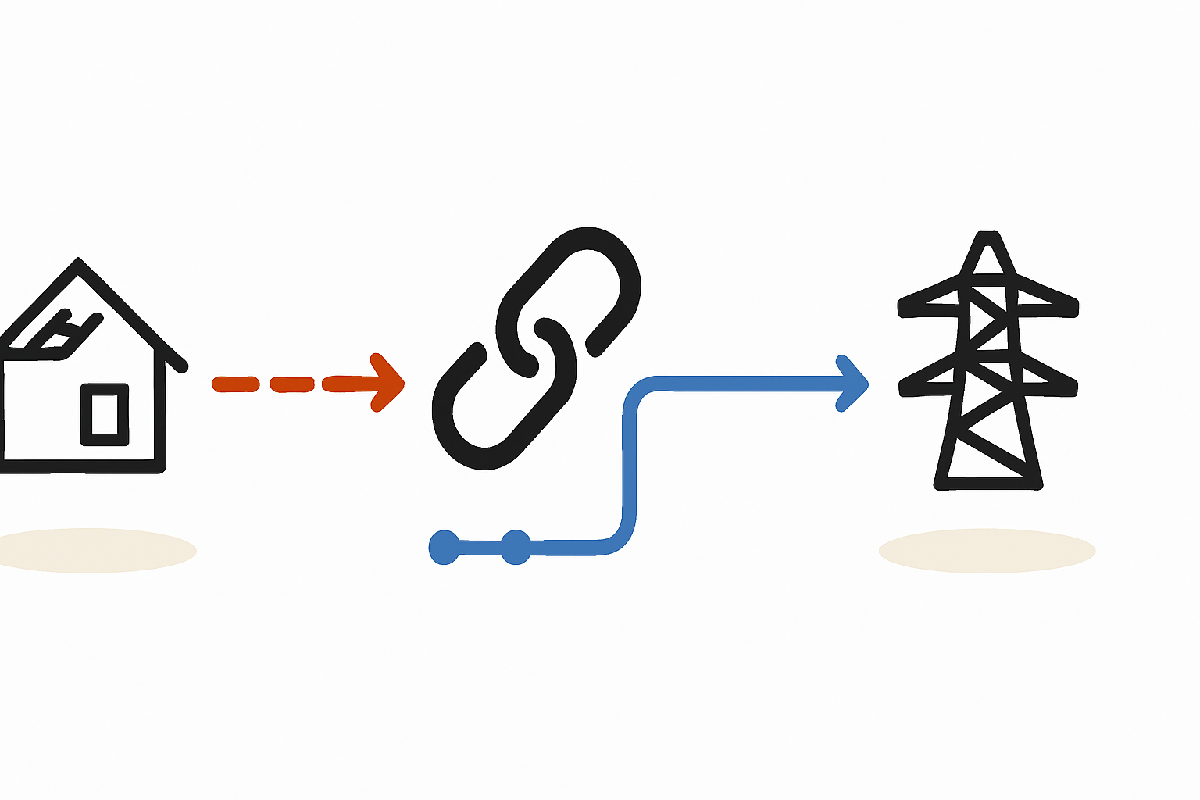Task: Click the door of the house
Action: tap(105, 414)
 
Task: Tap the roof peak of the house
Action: tap(78, 261)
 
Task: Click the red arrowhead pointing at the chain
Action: tap(387, 383)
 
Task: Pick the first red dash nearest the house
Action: tap(235, 384)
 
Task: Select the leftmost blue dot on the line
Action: tap(445, 547)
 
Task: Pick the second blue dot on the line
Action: tap(516, 547)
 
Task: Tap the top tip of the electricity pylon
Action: tap(988, 236)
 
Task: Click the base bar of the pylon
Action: tap(988, 484)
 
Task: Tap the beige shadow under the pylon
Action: tap(987, 551)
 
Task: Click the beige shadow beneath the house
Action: tap(94, 551)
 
